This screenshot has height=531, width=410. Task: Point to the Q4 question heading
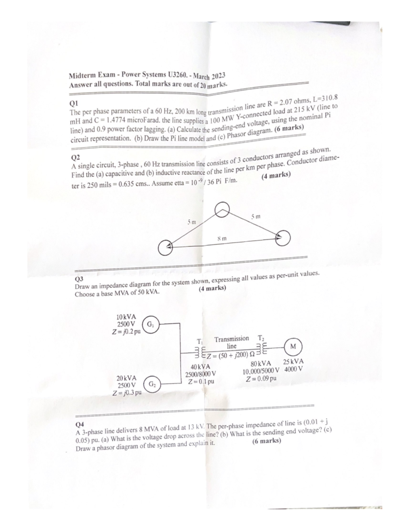point(80,424)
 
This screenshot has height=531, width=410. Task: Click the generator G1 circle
point(151,324)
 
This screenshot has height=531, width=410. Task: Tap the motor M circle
point(292,346)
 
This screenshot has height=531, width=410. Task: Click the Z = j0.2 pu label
point(126,331)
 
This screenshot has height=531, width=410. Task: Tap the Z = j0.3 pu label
point(127,392)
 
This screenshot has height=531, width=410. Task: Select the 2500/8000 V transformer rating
point(201,374)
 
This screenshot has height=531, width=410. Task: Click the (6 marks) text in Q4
point(266,441)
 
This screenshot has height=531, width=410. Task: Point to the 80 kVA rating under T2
point(261,363)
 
